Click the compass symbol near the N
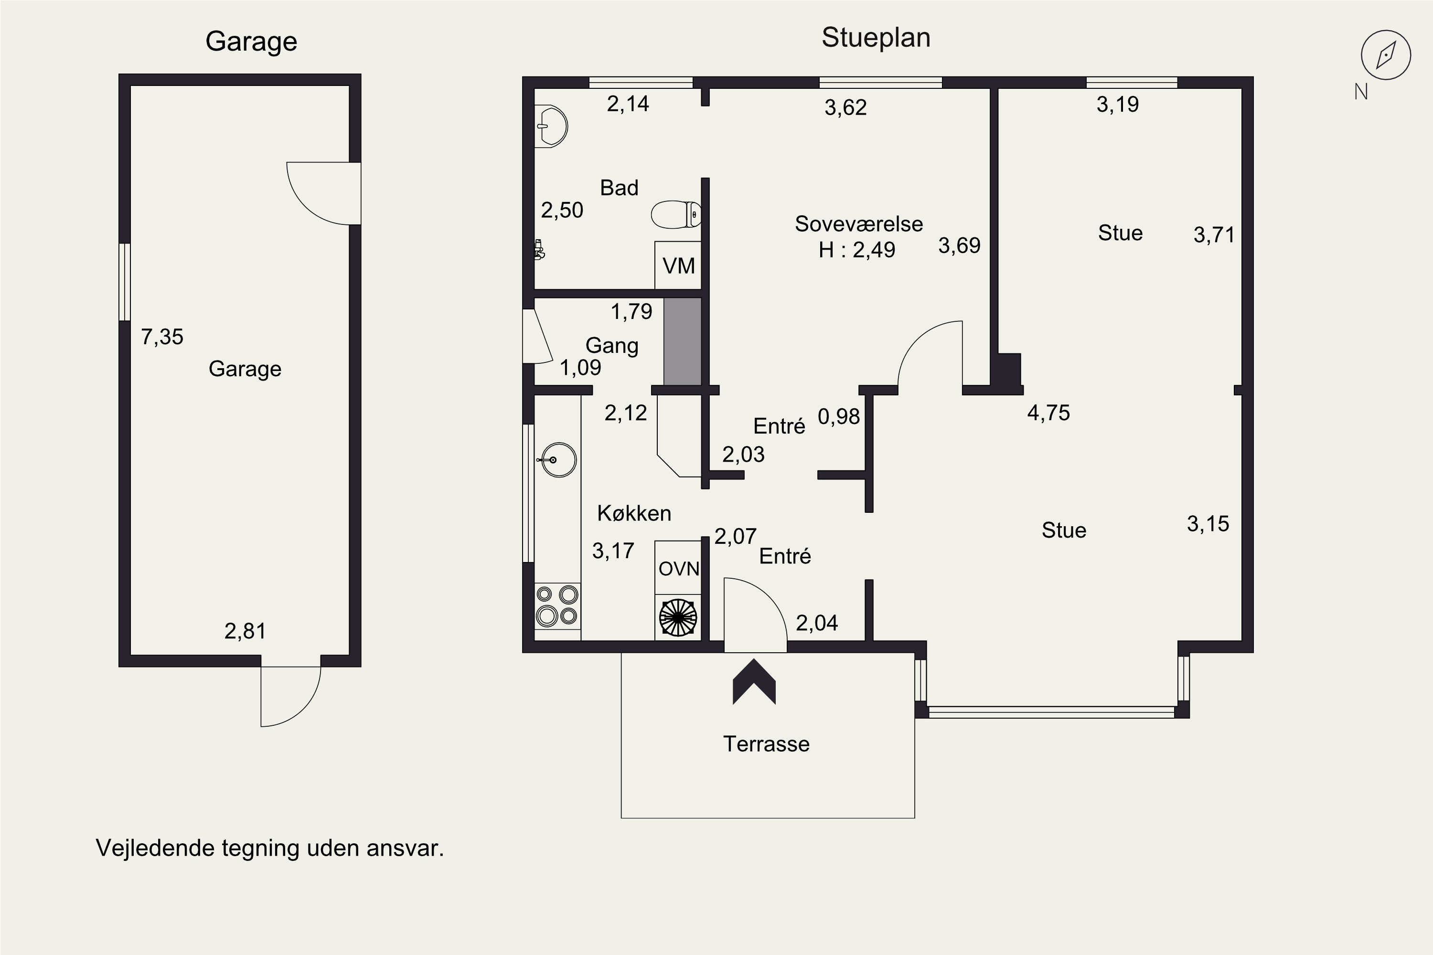click(1386, 55)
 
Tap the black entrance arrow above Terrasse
click(754, 681)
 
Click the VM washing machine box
click(678, 265)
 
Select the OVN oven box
click(678, 568)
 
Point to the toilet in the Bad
click(676, 214)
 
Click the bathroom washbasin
click(551, 127)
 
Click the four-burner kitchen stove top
click(557, 605)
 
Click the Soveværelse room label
click(858, 223)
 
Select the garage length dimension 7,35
click(162, 337)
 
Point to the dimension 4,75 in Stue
click(1048, 413)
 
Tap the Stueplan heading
click(876, 38)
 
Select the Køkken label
click(634, 513)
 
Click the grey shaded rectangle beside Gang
click(683, 342)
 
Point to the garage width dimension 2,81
click(245, 631)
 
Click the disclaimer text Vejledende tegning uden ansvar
click(270, 848)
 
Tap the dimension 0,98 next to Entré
click(839, 416)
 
